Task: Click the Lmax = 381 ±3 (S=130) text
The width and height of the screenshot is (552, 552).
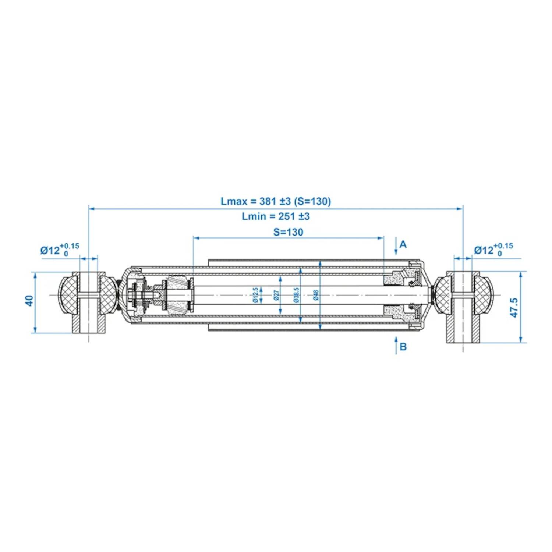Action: (276, 201)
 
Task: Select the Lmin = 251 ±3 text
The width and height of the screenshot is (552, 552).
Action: (276, 216)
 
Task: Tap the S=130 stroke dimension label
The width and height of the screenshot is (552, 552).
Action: (288, 232)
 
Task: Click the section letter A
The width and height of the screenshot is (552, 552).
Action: (403, 244)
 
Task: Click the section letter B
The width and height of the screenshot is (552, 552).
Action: (403, 347)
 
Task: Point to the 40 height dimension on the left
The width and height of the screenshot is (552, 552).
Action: (29, 300)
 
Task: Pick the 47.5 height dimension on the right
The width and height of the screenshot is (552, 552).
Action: (514, 308)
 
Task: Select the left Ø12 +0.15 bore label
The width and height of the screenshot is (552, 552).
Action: (60, 250)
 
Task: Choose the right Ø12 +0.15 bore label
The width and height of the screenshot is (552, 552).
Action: (493, 250)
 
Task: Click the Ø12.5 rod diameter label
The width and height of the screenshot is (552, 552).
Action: (255, 295)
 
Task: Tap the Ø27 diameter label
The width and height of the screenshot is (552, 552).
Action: (276, 295)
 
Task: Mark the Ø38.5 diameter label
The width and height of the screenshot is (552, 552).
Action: (297, 295)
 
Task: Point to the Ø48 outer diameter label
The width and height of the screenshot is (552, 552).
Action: (316, 295)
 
